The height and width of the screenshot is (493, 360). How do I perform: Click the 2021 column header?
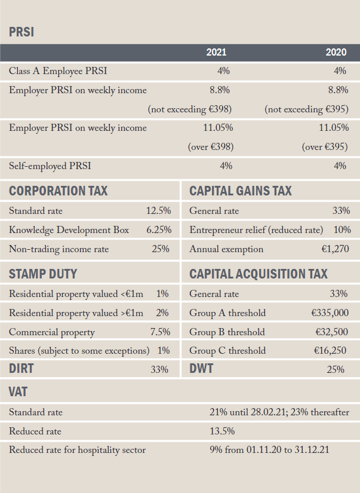coord(216,52)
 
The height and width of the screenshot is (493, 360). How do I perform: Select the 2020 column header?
coord(336,52)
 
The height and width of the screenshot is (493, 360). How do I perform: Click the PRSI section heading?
coord(21,32)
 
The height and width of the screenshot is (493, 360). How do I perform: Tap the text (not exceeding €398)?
coord(190,109)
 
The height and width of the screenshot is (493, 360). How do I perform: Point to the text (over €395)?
coord(325,147)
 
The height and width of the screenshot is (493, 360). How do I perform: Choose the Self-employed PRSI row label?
coord(50,166)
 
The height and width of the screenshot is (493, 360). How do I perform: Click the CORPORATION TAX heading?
coord(58,191)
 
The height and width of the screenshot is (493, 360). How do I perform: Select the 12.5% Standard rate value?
coord(158,211)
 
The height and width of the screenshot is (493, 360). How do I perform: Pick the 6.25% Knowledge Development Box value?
coord(159,230)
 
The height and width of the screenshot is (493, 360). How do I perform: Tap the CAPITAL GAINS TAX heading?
coord(241,191)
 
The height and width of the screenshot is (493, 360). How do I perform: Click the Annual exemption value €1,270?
coord(335,249)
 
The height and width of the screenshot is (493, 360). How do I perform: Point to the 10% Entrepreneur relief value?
coord(342,230)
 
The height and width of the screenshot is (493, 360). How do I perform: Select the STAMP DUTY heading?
coord(43,274)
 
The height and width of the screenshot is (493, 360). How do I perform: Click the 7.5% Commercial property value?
coord(160,332)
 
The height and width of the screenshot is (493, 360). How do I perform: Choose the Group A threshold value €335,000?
coord(330,313)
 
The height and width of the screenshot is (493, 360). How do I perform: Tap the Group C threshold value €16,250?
coord(330,351)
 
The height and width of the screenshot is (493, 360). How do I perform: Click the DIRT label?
coord(21,369)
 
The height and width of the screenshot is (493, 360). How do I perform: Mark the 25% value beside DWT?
coord(336,369)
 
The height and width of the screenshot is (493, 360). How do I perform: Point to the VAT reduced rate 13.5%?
coord(222,431)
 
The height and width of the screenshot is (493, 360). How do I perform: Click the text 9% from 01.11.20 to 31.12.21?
coord(269,450)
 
